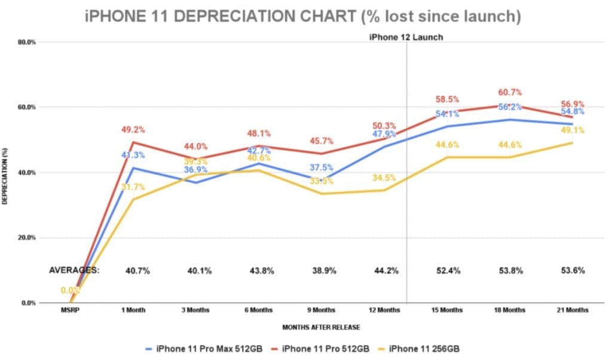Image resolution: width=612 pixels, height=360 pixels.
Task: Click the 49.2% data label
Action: pos(133,129)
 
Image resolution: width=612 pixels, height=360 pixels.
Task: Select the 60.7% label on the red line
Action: pos(509,92)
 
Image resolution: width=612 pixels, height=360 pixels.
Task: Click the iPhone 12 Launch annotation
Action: pos(406,37)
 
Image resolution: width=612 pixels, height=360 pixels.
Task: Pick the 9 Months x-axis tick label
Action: pos(322,310)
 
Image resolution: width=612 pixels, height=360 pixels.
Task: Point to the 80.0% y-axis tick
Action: pos(28,42)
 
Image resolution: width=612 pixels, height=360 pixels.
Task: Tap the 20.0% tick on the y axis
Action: pos(28,237)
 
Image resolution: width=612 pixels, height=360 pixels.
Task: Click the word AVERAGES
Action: pos(74,270)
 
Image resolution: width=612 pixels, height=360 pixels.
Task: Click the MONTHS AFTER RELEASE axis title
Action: pos(322,327)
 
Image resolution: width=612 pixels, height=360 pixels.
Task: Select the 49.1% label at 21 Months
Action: pos(572,130)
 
